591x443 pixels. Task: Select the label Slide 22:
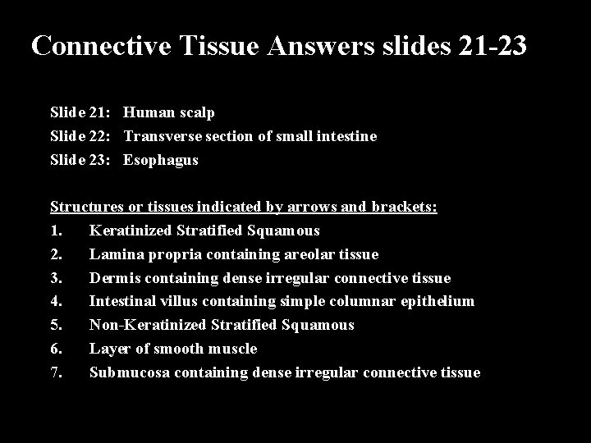click(x=83, y=136)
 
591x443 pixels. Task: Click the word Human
click(x=150, y=113)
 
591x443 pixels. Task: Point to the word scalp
click(x=196, y=113)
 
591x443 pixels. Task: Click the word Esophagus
click(x=161, y=160)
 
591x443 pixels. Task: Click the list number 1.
click(x=56, y=231)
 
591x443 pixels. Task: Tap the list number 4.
click(x=56, y=301)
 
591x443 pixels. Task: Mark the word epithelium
click(x=436, y=301)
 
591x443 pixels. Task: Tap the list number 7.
click(x=56, y=372)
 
